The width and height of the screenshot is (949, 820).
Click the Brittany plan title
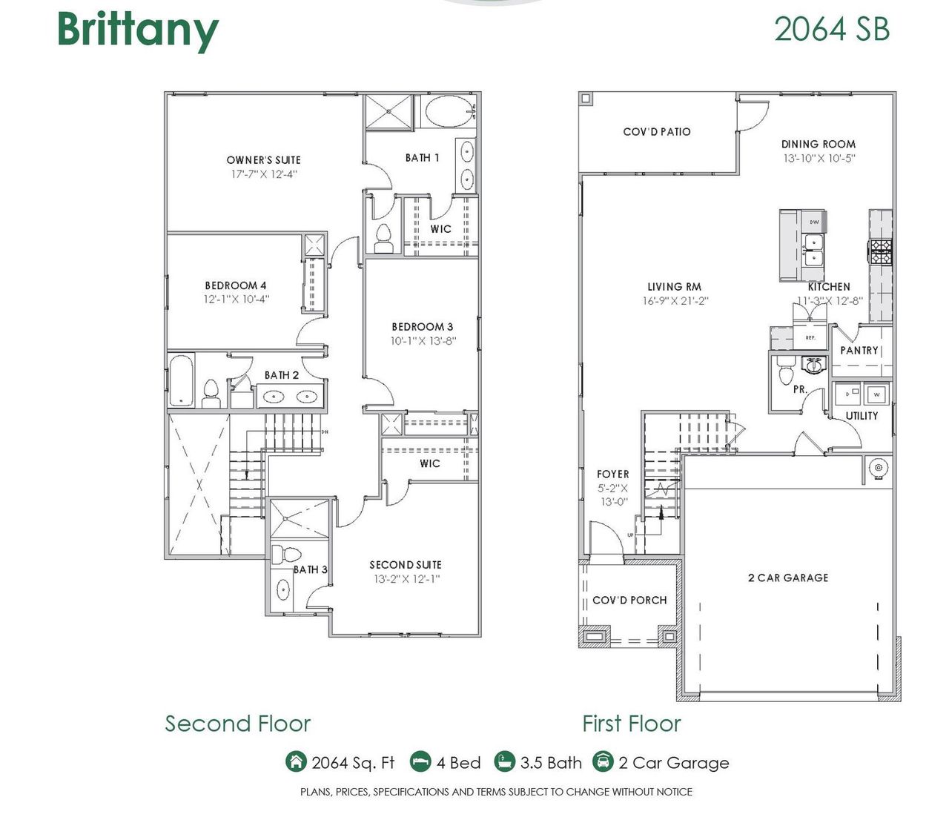point(138,30)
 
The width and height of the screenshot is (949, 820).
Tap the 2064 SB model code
point(831,30)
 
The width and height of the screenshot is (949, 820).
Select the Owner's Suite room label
point(263,159)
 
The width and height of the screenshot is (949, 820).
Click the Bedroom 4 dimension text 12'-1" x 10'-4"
point(237,300)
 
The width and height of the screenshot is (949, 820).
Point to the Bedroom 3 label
point(422,326)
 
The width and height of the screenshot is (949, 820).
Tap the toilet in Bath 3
point(285,555)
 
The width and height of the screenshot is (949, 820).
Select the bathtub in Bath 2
point(182,380)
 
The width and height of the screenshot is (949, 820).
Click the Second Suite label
point(405,565)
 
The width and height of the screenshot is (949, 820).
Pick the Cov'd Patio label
point(656,132)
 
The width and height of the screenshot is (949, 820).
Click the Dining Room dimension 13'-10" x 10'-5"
point(819,159)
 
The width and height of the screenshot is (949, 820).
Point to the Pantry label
point(859,350)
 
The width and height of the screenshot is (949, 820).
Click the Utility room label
point(862,416)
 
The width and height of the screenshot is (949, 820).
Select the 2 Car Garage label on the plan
point(787,578)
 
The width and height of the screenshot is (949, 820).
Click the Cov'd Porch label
point(629,600)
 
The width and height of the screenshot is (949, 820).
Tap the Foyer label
point(612,474)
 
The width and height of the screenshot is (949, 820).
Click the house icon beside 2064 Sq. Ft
point(295,761)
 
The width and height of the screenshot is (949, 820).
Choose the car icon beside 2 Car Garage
point(603,761)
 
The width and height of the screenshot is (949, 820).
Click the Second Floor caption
point(237,724)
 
